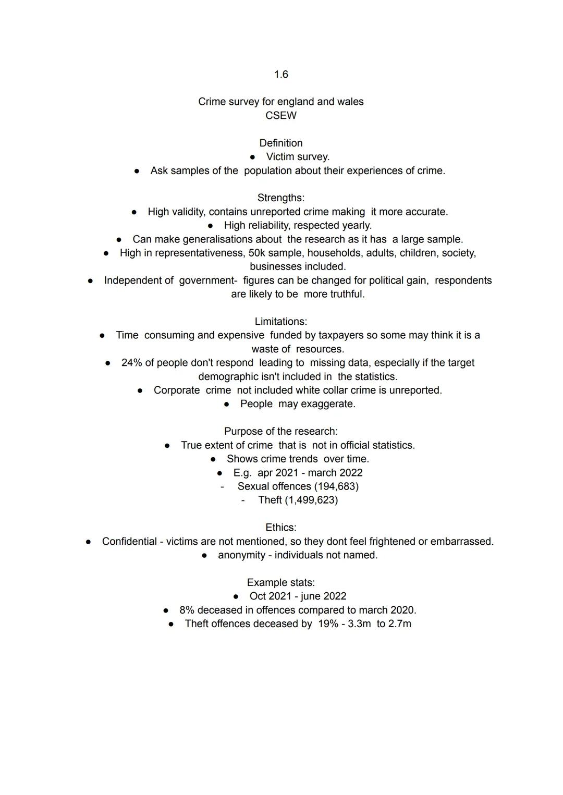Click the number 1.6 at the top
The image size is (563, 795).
(281, 75)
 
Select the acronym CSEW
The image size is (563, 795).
(281, 116)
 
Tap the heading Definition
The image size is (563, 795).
(281, 143)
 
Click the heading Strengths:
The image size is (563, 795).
(281, 198)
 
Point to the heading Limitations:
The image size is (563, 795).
(281, 322)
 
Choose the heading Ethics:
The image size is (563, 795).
(281, 528)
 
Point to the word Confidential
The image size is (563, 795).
(129, 542)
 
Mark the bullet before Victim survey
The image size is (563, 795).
(252, 157)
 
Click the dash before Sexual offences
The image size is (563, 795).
(223, 487)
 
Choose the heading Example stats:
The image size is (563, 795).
(281, 583)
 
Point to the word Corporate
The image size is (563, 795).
(177, 390)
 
